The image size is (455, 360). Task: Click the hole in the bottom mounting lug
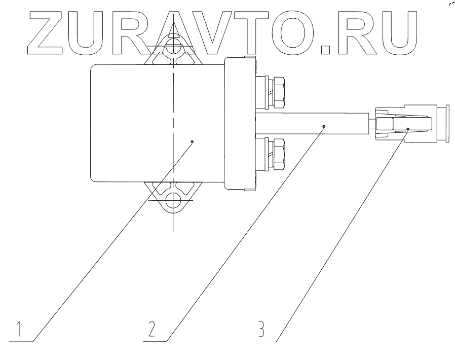tap(173, 199)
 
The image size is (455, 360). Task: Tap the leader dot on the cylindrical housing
tap(193, 142)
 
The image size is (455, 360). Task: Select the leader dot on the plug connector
tap(407, 129)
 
